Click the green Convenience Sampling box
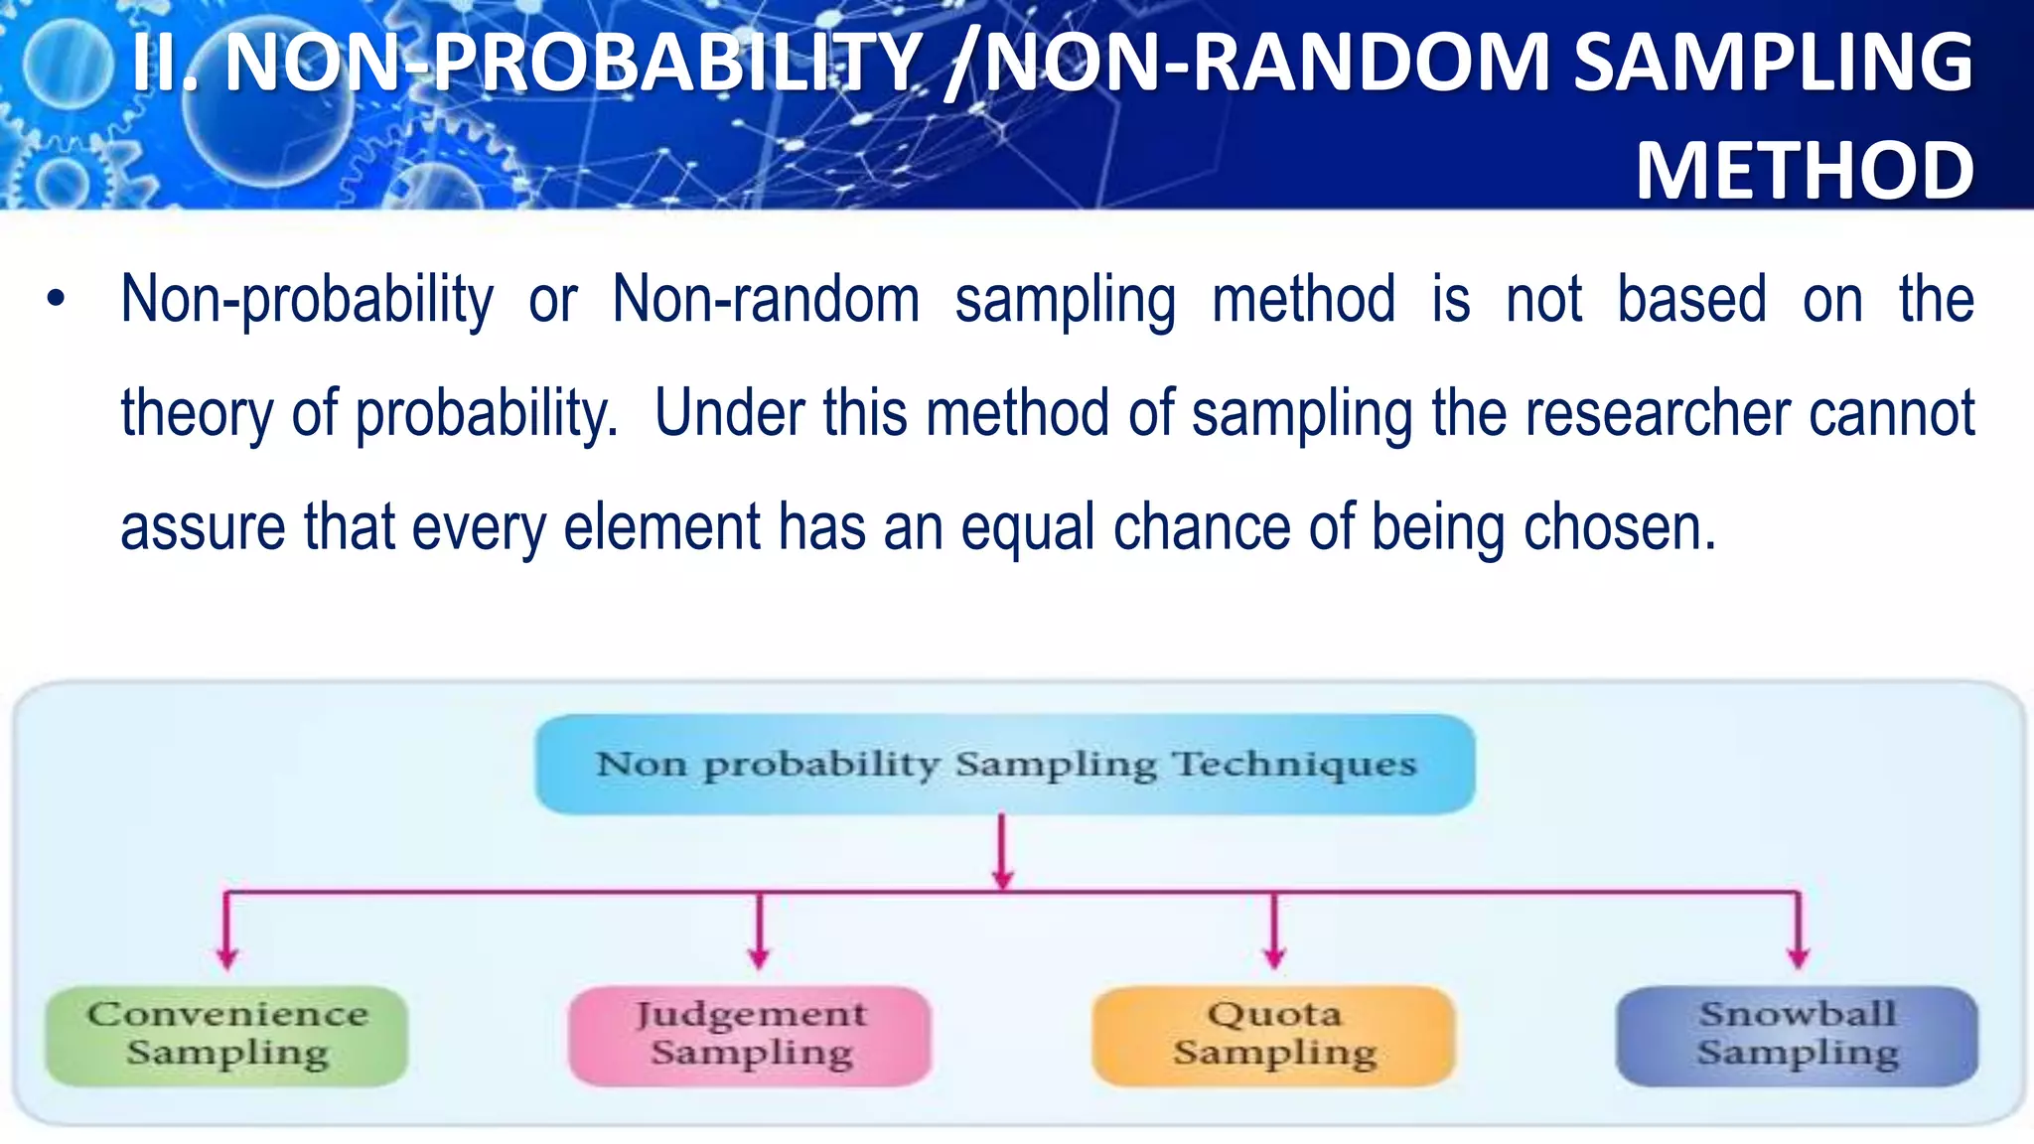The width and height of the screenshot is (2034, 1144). pyautogui.click(x=226, y=1035)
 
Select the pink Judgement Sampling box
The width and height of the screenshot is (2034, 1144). pyautogui.click(x=750, y=1035)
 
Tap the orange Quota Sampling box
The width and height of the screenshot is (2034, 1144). pyautogui.click(x=1273, y=1035)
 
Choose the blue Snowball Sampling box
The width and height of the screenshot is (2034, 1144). pyautogui.click(x=1797, y=1035)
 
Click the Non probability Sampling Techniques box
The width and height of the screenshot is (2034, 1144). pyautogui.click(x=1005, y=764)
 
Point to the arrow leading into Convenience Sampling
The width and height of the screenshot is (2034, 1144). pyautogui.click(x=227, y=933)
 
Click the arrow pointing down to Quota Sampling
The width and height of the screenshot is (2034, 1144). pyautogui.click(x=1274, y=933)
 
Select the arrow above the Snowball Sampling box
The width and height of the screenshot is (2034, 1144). pyautogui.click(x=1799, y=933)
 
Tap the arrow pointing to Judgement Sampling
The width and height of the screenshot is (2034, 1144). pyautogui.click(x=760, y=933)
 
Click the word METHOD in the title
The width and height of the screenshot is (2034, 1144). pyautogui.click(x=1805, y=171)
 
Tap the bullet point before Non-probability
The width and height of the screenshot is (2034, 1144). pyautogui.click(x=56, y=299)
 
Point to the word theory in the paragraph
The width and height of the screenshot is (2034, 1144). pyautogui.click(x=197, y=415)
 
